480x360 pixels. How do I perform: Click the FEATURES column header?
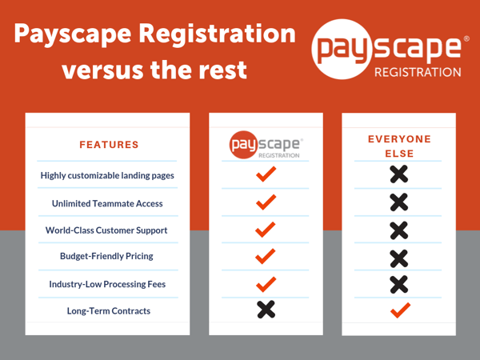click(x=109, y=145)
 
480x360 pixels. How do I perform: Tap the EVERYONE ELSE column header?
click(x=399, y=146)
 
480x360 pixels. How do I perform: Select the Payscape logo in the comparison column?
click(x=266, y=145)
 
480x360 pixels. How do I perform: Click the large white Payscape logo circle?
click(x=342, y=50)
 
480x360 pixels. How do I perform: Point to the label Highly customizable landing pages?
click(x=107, y=175)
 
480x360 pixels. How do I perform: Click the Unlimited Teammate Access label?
click(x=107, y=203)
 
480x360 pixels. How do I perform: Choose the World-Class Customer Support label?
click(x=106, y=230)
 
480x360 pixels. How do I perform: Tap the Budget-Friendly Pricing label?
click(x=106, y=256)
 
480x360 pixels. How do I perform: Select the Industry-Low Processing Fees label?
click(x=107, y=284)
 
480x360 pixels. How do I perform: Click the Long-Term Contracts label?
click(x=109, y=311)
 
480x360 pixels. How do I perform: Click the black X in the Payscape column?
click(x=266, y=310)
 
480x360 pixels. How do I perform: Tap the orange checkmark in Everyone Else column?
click(x=400, y=310)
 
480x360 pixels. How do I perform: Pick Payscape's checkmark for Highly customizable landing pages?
click(x=266, y=174)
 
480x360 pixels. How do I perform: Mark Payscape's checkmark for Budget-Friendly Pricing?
click(x=266, y=256)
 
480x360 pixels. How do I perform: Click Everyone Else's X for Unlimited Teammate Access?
click(x=399, y=202)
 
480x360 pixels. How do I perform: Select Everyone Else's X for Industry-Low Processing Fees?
click(x=399, y=284)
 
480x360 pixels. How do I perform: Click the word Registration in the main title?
click(x=218, y=34)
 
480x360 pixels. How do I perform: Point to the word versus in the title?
click(x=103, y=70)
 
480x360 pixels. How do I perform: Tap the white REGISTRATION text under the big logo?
click(x=418, y=72)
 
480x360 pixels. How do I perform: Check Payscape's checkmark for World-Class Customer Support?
click(x=266, y=230)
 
